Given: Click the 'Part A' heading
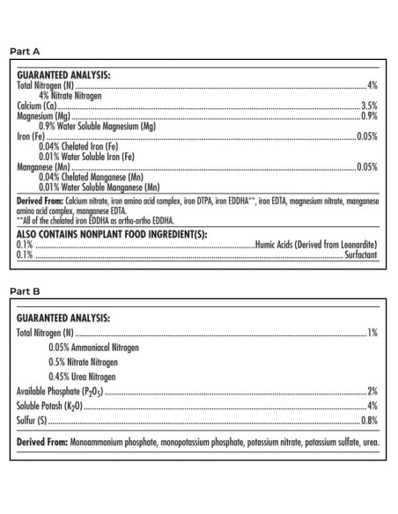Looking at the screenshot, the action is (x=24, y=52).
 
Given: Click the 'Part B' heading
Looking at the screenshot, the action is (x=24, y=288).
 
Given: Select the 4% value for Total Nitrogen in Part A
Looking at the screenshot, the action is (x=372, y=86).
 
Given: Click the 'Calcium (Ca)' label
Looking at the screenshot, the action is (x=37, y=106).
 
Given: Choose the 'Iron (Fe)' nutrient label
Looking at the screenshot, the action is (x=32, y=136).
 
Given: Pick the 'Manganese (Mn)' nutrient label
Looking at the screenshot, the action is (x=44, y=165).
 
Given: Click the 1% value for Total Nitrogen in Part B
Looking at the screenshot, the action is (x=372, y=333).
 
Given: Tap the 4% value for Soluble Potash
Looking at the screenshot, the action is (x=372, y=408).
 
